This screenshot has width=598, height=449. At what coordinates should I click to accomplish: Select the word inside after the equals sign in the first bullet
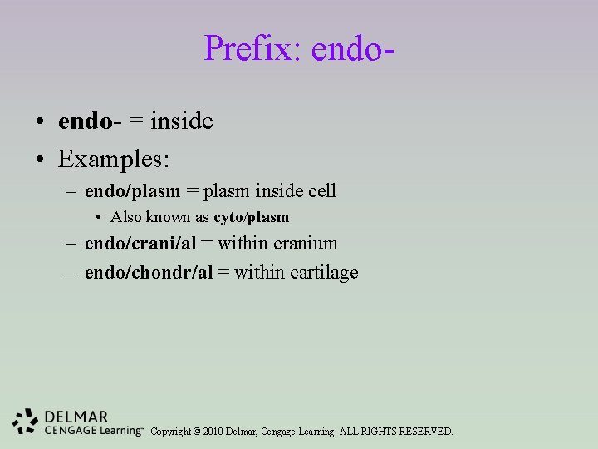tap(182, 121)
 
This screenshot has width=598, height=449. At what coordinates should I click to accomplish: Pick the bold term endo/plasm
tap(132, 191)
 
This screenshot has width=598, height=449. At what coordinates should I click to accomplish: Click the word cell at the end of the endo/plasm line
tap(322, 190)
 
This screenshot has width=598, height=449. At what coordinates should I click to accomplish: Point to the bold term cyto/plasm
tap(251, 217)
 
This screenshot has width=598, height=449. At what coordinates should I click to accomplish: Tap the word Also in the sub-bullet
tap(126, 217)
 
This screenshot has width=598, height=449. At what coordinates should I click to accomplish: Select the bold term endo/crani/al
tap(140, 244)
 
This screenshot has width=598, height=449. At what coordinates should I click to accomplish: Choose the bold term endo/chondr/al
tap(149, 272)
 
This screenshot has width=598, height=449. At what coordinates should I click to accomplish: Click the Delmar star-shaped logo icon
tap(27, 422)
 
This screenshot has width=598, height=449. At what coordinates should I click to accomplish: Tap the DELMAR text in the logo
tap(76, 417)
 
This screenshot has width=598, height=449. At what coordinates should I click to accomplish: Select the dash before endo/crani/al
tap(72, 244)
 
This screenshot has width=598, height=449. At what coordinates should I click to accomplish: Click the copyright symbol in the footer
tap(196, 432)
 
